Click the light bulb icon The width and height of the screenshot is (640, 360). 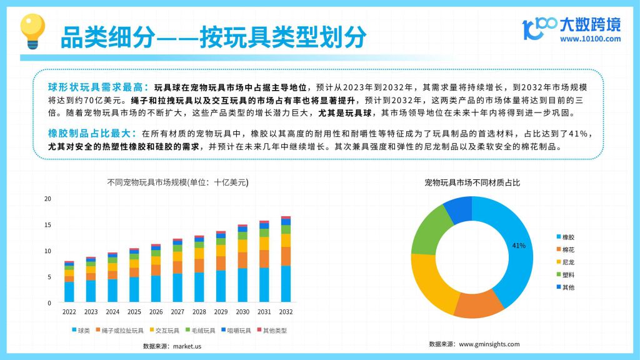[32, 31]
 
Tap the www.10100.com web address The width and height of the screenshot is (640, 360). [590, 39]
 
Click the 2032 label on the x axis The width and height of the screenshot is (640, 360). [286, 312]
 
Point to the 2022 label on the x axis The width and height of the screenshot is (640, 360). [69, 312]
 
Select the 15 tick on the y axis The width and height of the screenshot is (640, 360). [47, 225]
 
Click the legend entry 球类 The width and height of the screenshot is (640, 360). [81, 330]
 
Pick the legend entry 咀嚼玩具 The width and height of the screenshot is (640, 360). [236, 330]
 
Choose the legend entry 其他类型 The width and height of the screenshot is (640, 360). [272, 330]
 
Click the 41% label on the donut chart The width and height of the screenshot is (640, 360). [519, 245]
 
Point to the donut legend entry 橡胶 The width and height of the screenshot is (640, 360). [565, 237]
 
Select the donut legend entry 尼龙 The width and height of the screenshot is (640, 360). [565, 262]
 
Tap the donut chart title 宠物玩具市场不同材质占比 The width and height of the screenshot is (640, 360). [472, 182]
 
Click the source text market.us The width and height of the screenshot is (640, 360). [187, 346]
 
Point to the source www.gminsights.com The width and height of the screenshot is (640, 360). [489, 344]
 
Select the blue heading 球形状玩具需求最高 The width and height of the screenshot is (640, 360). [95, 87]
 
